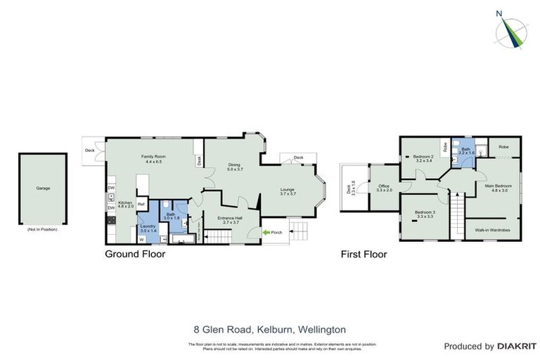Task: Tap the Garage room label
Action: pos(42,188)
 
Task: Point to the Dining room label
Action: pos(234,167)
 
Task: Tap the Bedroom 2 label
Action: pos(422,157)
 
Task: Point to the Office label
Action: pos(384,188)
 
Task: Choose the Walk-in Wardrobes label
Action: pos(491,229)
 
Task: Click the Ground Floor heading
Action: pos(135,255)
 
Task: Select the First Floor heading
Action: pos(364,255)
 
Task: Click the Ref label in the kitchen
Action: pos(141,205)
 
